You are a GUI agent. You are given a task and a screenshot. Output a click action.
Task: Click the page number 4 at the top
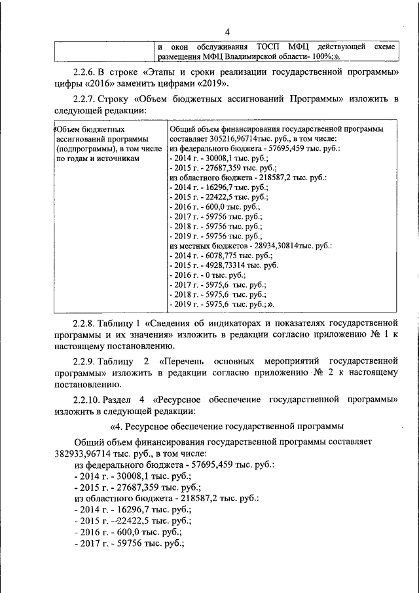pos(227,32)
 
